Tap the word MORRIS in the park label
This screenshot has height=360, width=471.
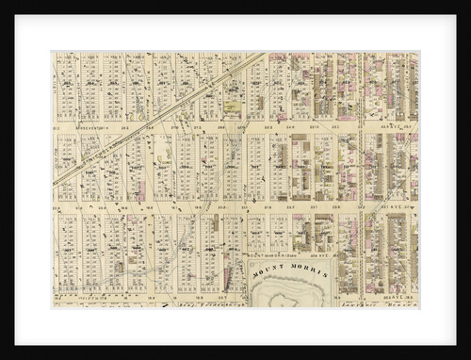[x=307, y=270]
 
